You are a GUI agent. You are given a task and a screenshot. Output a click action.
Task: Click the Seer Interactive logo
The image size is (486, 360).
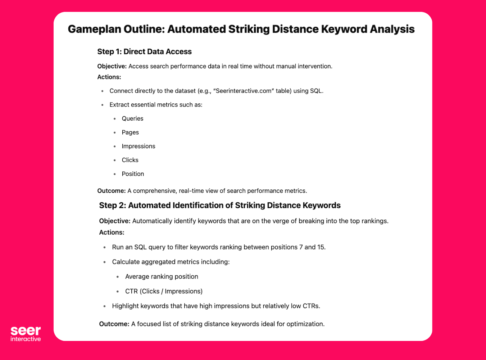point(26,334)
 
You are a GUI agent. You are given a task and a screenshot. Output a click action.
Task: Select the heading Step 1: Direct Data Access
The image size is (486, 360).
point(144,51)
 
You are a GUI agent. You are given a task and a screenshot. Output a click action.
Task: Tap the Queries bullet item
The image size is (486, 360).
point(132,118)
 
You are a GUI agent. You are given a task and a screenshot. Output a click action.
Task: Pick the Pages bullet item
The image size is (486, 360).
point(130,132)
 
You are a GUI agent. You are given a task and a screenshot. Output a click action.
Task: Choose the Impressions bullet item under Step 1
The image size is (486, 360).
point(138,146)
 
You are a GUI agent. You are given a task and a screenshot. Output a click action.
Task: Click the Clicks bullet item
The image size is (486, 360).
point(130,160)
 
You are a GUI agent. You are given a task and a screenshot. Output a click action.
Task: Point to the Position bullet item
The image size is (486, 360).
point(133,174)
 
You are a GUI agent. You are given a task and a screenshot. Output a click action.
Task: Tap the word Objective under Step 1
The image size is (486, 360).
point(112,66)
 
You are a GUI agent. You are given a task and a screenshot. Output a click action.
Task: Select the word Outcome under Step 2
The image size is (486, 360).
point(114,324)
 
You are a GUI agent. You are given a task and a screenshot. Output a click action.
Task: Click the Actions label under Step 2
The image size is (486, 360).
point(112,232)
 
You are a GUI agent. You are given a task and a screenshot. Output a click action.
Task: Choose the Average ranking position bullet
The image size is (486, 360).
point(162,276)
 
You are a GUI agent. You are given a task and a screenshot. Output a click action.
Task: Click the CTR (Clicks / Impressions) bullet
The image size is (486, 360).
point(164,291)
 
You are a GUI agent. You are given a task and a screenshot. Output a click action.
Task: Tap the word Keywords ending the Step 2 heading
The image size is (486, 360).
point(322,205)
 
